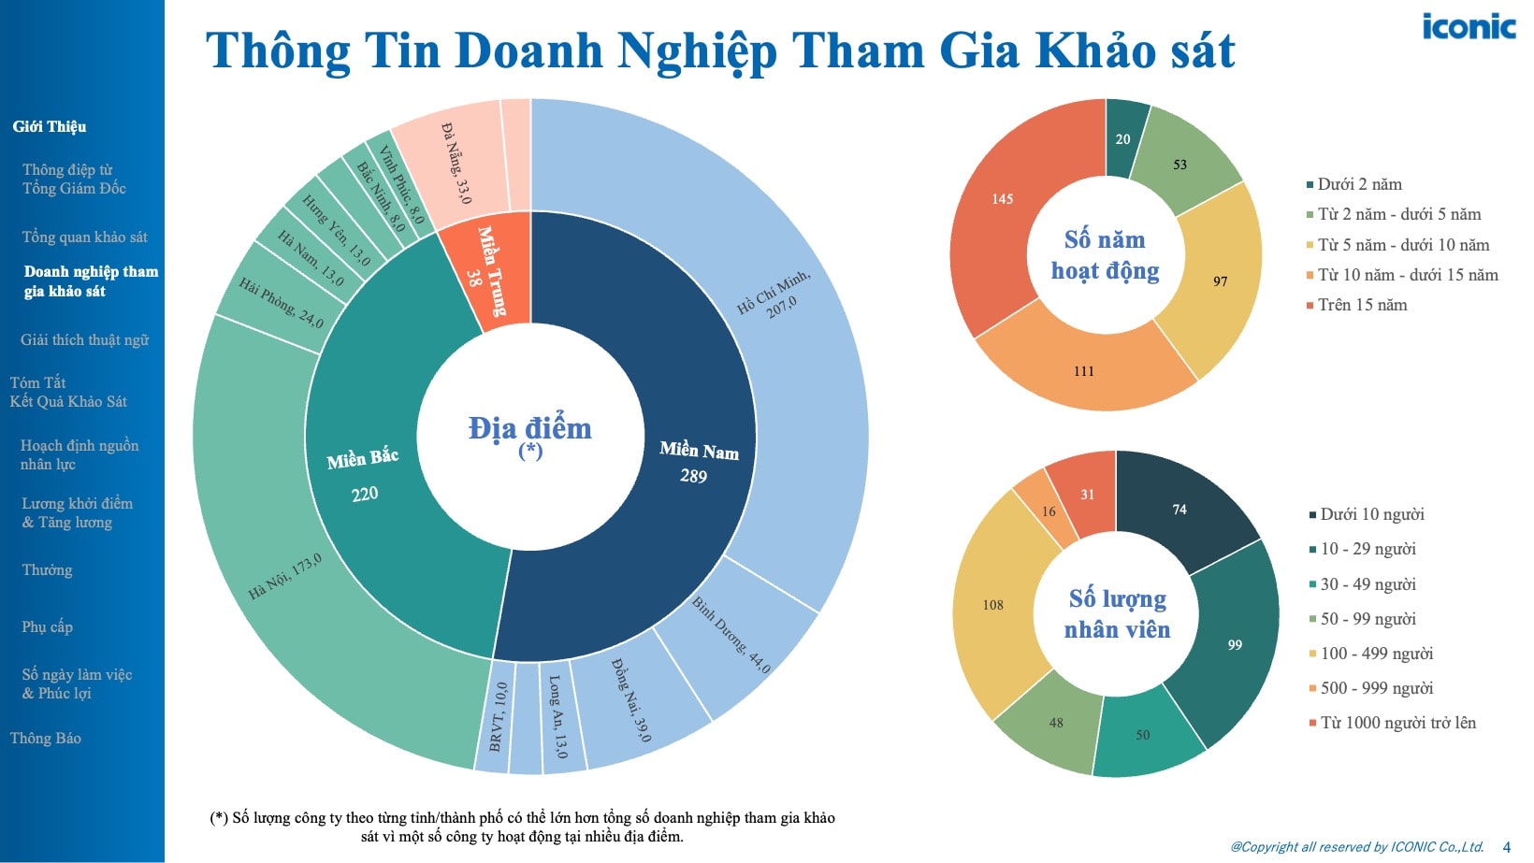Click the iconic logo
point(1469,26)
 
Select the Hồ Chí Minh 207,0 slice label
point(774,294)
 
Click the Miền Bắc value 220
point(365,494)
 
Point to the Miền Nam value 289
point(693,476)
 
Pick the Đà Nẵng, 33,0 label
point(456,163)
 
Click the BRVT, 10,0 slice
point(497,716)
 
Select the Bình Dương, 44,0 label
point(731,634)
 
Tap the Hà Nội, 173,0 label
point(284,576)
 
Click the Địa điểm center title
point(529,428)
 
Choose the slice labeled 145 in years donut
point(1003,199)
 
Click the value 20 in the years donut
point(1122,139)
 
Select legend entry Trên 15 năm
point(1362,305)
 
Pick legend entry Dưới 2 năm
point(1359,184)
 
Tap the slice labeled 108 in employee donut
point(992,605)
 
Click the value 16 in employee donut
point(1049,511)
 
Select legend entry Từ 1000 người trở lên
point(1397,723)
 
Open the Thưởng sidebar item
point(47,570)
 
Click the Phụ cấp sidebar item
point(47,626)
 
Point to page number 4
point(1506,847)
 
